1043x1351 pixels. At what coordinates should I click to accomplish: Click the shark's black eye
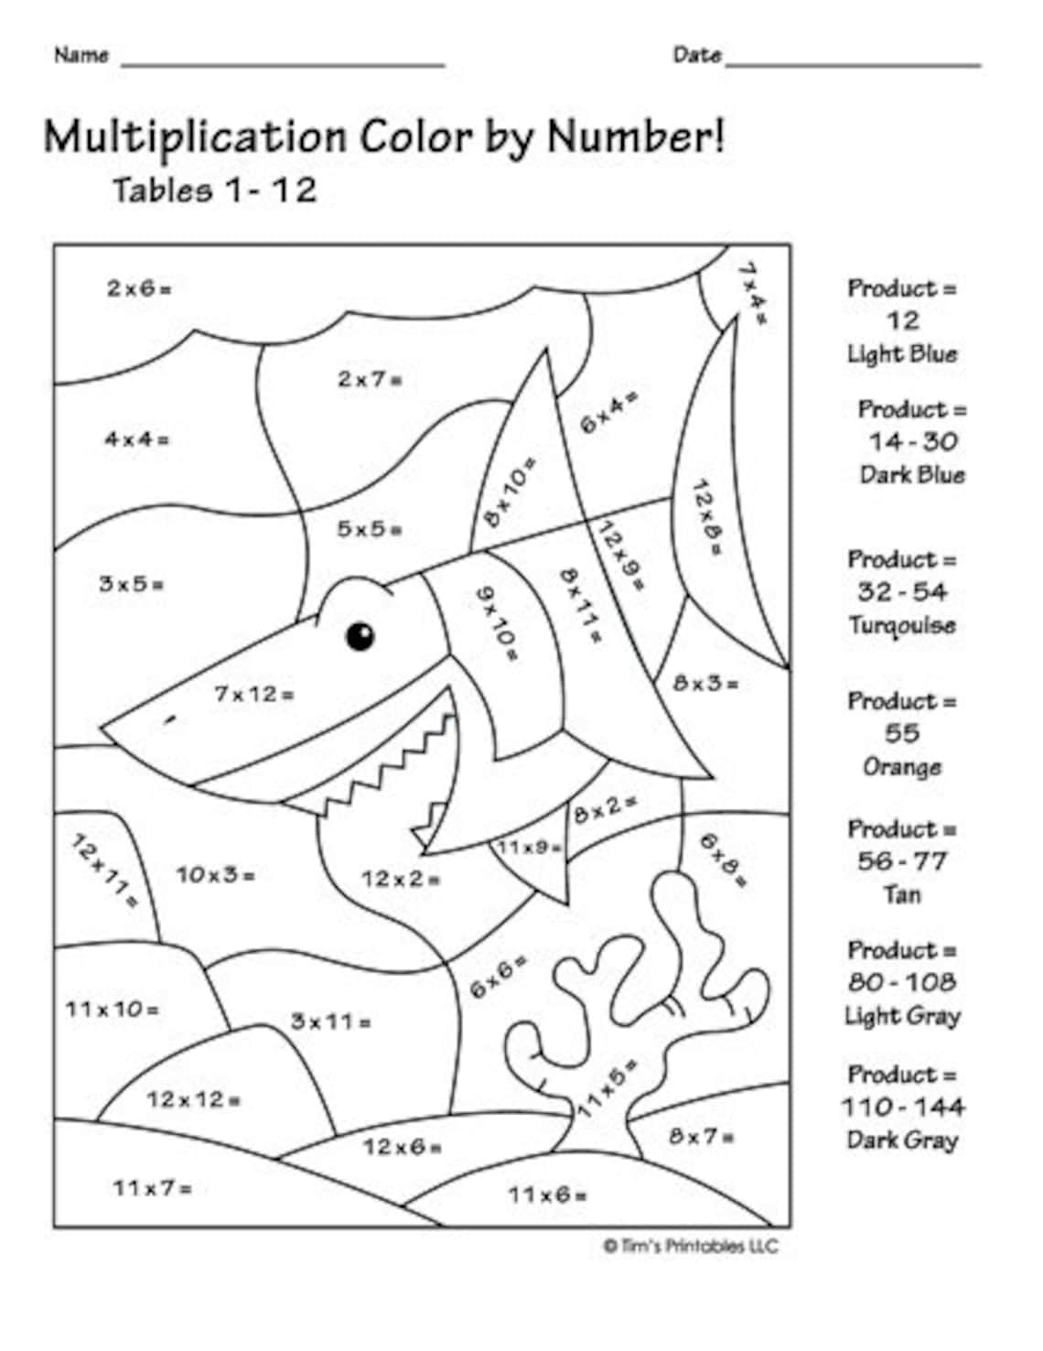pos(360,636)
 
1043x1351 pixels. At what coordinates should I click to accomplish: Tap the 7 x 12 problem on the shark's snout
pos(254,695)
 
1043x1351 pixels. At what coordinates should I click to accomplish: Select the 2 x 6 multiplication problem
pos(139,289)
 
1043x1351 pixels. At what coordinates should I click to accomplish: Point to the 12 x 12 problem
pos(193,1099)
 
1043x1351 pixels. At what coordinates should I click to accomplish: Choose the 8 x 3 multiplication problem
pos(705,683)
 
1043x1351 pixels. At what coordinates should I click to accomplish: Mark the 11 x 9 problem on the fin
pos(530,848)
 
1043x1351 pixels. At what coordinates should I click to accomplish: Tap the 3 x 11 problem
pos(330,1021)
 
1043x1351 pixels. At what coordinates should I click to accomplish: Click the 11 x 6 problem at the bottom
pos(548,1194)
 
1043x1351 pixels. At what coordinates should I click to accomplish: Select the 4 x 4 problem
pos(136,439)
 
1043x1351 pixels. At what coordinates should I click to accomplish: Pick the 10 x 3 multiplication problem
pos(216,875)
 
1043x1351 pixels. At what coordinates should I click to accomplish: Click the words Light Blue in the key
pos(902,354)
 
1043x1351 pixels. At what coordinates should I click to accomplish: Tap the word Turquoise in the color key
pos(902,625)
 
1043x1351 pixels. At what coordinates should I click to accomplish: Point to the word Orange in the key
pos(902,766)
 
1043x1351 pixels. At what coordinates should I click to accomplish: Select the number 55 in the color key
pos(902,733)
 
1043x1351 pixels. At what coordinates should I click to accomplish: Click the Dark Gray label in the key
pos(902,1140)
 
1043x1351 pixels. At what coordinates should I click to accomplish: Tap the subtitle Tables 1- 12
pos(214,190)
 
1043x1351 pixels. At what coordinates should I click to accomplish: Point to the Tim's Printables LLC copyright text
pos(691,1246)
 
